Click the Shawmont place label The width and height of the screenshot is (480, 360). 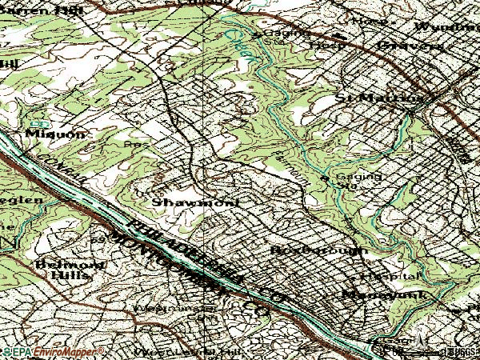click(196, 202)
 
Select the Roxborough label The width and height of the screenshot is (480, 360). click(318, 250)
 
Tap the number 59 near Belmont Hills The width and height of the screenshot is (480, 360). click(98, 239)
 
